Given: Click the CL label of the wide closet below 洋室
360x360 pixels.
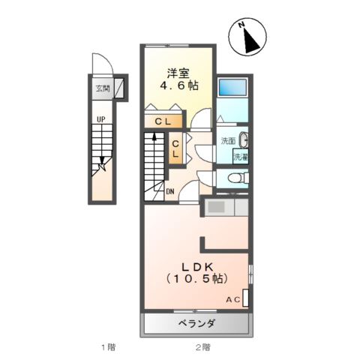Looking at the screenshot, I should pos(163,121).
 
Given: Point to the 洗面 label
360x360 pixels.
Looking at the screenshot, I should pos(227,142).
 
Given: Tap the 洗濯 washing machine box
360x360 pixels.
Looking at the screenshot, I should pos(239,157).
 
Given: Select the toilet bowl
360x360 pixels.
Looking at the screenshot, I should pos(235,178).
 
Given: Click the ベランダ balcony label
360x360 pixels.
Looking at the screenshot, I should pos(197,324).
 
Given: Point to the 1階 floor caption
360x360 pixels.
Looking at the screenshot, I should pos(108,346).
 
